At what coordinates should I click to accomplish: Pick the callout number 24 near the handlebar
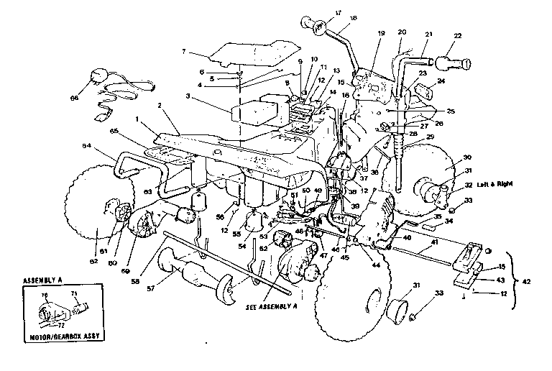pos(441,82)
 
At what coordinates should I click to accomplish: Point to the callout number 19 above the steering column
pos(379,34)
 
